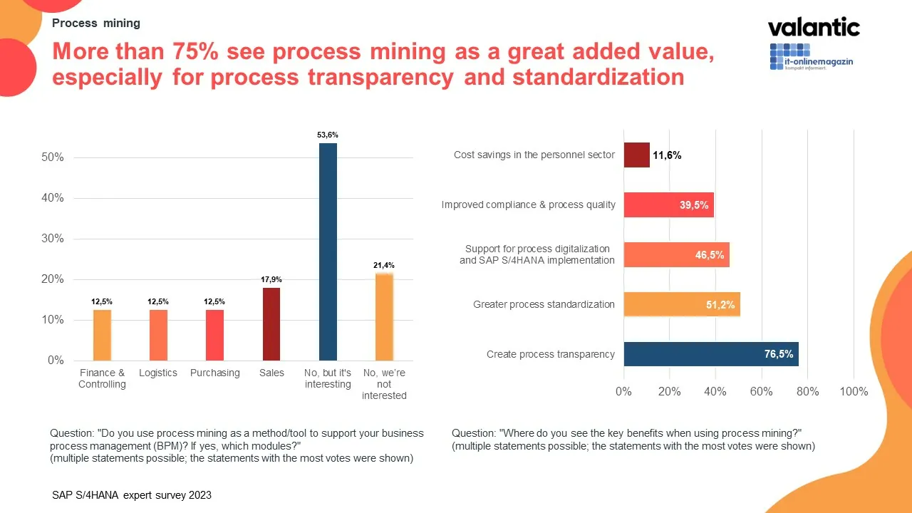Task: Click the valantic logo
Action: [x=814, y=28]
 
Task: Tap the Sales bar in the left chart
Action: [x=271, y=323]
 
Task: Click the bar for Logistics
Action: [x=158, y=335]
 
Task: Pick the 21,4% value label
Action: [x=384, y=265]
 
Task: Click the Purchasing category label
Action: [x=214, y=373]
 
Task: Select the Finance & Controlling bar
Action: [x=102, y=335]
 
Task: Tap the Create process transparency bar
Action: [x=710, y=354]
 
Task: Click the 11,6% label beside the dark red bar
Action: [x=667, y=155]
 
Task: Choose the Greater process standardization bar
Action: [x=682, y=304]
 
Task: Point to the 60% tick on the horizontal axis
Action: [x=762, y=392]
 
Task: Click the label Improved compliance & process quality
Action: [x=528, y=204]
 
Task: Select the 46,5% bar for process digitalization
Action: [x=676, y=254]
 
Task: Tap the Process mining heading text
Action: [x=96, y=23]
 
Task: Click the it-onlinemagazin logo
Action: [x=812, y=57]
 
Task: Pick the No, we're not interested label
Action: [x=384, y=384]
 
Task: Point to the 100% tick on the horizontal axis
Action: [x=854, y=392]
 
